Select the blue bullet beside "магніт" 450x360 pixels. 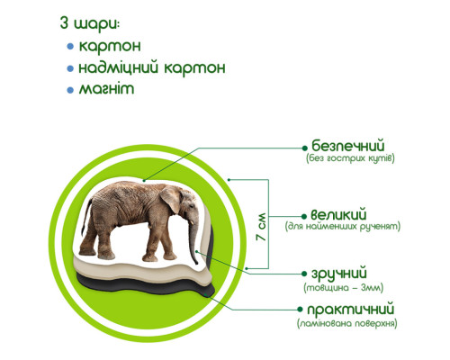71,90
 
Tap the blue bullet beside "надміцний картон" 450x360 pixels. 71,67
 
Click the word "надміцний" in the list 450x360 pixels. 120,67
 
